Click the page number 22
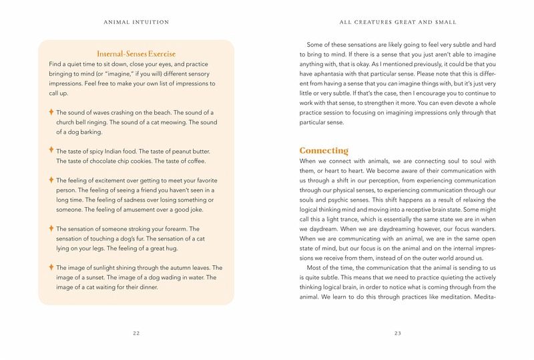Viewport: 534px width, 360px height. (x=136, y=332)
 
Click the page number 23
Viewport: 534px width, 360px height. (x=398, y=332)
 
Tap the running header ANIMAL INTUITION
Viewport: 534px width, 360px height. (x=136, y=22)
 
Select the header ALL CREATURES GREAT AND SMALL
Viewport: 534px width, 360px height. (x=398, y=22)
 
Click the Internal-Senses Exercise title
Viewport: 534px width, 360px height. (x=136, y=53)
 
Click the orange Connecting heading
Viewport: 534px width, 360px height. (x=324, y=150)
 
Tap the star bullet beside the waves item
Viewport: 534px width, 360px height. (x=51, y=112)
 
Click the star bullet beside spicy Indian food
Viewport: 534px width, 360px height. (x=51, y=150)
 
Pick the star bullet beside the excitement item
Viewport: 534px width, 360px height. (x=51, y=180)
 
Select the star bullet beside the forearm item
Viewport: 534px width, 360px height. (x=51, y=228)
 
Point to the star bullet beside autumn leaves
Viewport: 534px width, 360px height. (x=51, y=267)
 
